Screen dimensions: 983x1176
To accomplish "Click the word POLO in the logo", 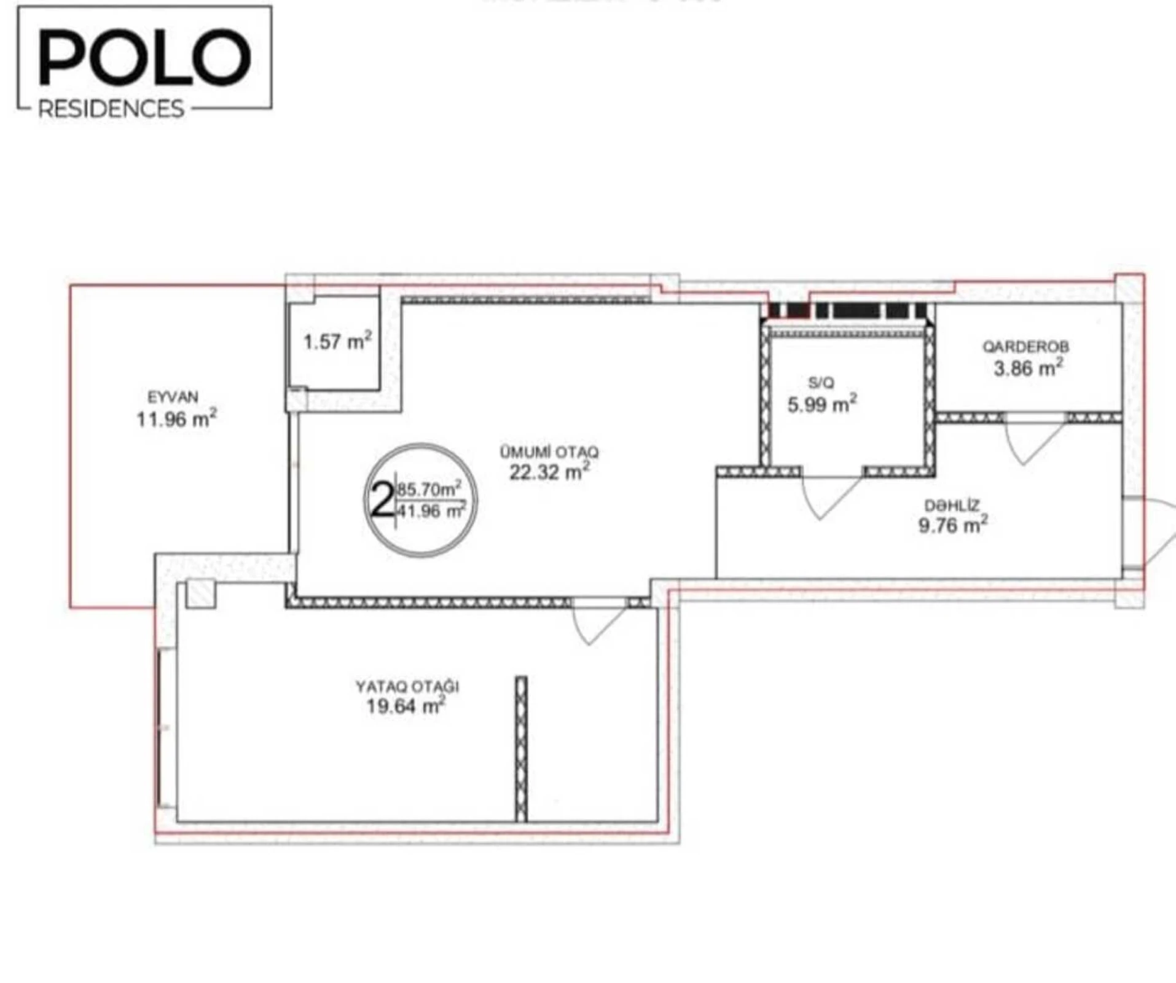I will pos(145,58).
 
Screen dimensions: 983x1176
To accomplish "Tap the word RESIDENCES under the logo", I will pos(111,109).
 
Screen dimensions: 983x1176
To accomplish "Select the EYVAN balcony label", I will pos(173,397).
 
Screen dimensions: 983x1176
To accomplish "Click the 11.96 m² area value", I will pos(176,419).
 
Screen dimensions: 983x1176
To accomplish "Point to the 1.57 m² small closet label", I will pos(337,341).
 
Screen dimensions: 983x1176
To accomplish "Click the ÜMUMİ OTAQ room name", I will pos(549,452).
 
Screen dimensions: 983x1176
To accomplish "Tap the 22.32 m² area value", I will pos(549,472).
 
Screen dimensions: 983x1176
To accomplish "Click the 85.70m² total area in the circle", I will pos(429,490).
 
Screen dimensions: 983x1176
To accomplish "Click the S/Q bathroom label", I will pos(821,383).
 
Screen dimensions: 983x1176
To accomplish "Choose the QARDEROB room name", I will pos(1025,347).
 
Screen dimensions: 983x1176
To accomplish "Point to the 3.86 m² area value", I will pos(1028,369).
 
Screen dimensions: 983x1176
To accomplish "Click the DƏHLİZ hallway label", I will pos(952,506).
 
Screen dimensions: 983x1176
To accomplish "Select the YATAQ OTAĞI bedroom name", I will pos(407,686).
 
